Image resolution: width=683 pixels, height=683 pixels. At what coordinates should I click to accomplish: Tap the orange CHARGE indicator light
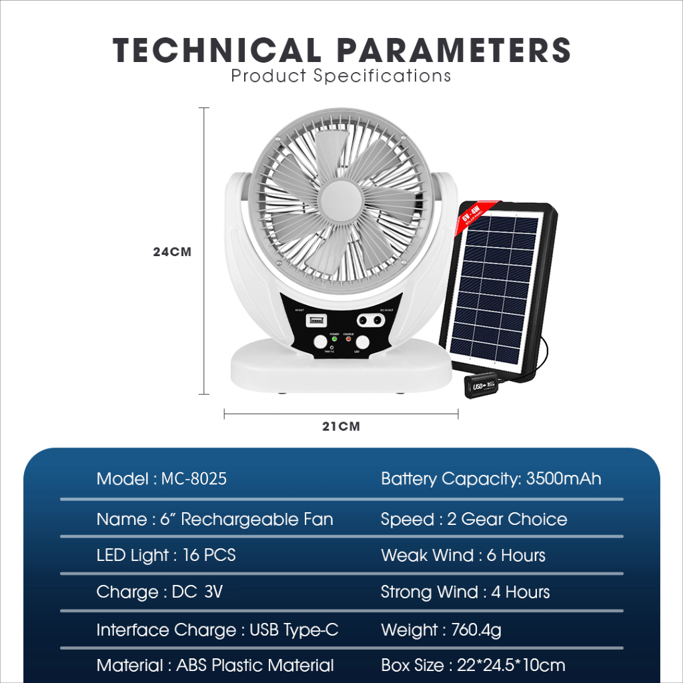click(x=348, y=339)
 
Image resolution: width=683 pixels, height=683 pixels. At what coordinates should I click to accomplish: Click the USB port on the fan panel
click(x=315, y=321)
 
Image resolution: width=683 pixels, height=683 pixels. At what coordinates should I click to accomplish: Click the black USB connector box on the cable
click(x=482, y=386)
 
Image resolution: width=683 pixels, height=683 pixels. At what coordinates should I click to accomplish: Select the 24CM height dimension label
click(x=172, y=252)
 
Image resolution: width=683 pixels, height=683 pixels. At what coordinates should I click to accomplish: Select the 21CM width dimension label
click(x=341, y=426)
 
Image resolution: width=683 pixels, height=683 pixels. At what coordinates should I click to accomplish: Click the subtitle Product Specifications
click(x=341, y=76)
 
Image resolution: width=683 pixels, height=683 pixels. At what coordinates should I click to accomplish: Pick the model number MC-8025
click(x=194, y=479)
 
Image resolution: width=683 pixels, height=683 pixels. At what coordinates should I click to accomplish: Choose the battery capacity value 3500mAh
click(x=564, y=479)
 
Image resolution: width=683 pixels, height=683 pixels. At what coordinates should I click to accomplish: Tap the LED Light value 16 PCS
click(x=209, y=556)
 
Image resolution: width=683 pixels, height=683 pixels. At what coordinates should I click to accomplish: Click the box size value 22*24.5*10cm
click(x=511, y=665)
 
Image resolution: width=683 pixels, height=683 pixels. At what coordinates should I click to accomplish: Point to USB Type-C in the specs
click(x=293, y=630)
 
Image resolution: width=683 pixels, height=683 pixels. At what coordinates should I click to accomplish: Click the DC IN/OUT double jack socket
click(x=372, y=321)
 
